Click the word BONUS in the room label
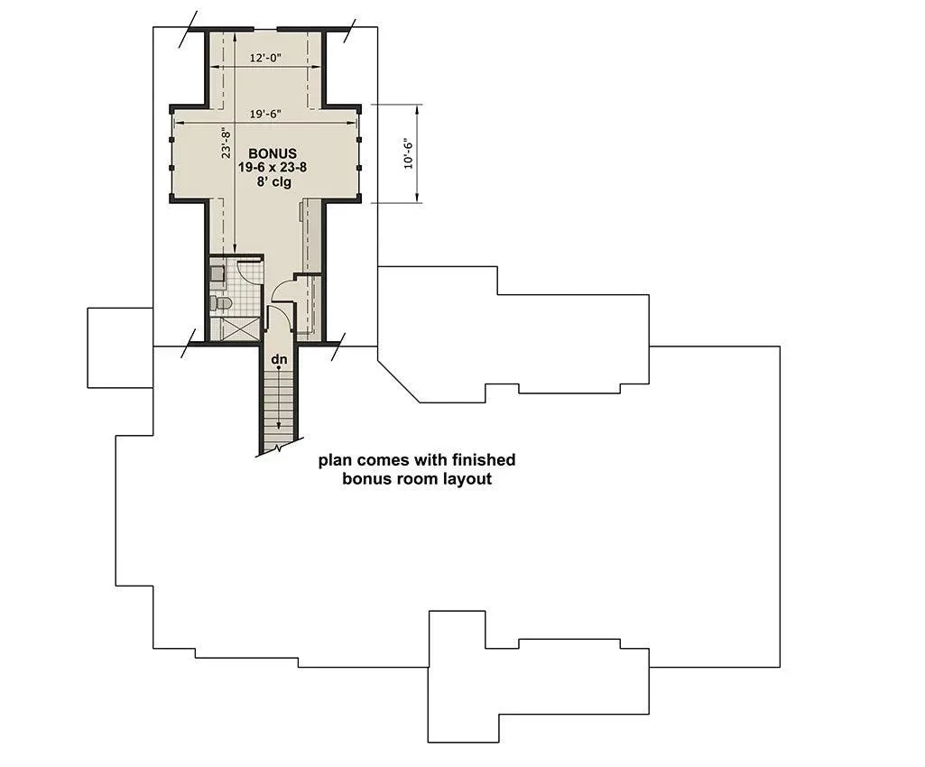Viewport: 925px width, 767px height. pos(272,153)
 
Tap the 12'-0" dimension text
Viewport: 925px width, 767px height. pos(265,58)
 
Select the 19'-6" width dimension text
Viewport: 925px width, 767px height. pos(265,114)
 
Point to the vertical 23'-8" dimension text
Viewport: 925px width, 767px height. pos(226,143)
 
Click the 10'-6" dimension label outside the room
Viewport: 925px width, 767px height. pos(408,154)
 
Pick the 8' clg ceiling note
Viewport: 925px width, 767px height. pos(273,181)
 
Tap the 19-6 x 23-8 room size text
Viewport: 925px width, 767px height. pos(272,168)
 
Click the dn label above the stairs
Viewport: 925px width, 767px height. pos(279,359)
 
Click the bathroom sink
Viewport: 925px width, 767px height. pos(217,273)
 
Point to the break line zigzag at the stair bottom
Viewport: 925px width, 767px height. pos(280,448)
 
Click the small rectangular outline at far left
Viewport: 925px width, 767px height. pos(120,348)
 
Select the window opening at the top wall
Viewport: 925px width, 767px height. pos(265,28)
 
